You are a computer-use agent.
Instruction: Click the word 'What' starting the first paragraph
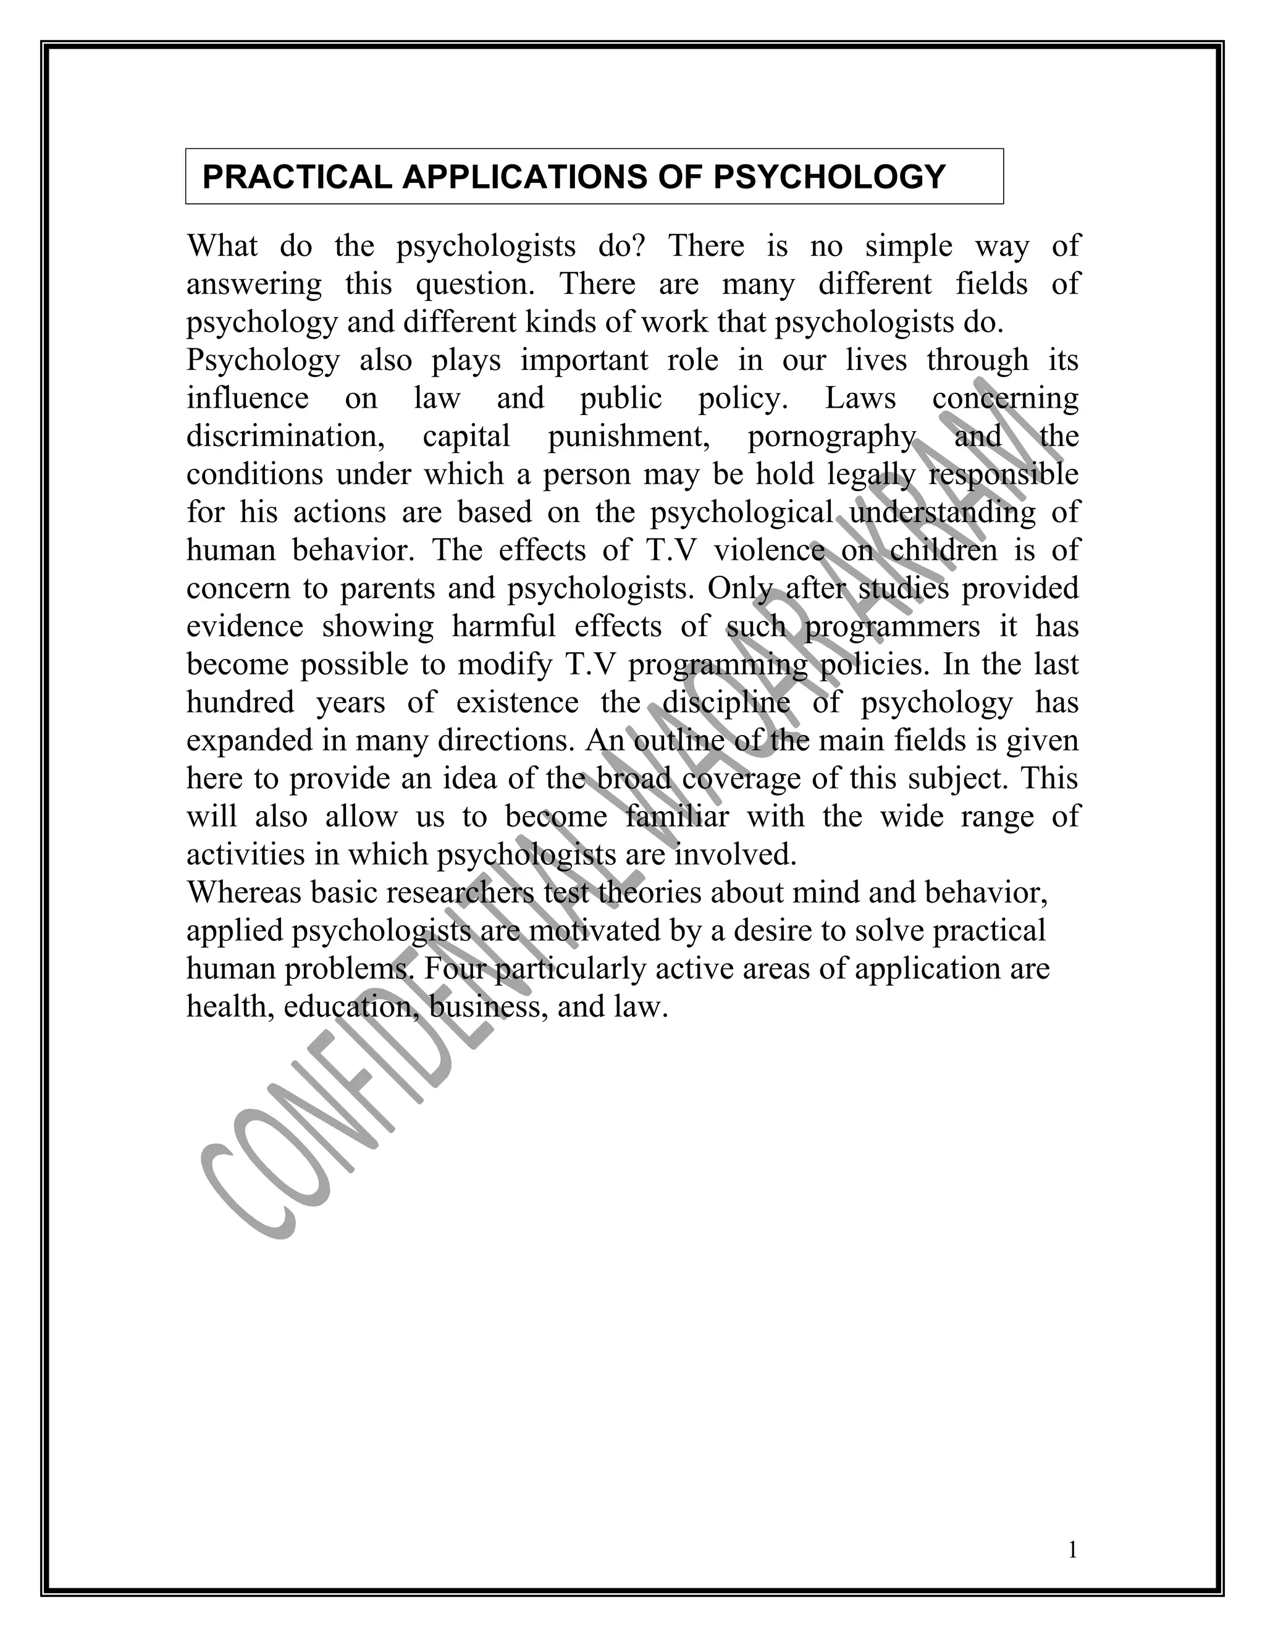[x=222, y=246]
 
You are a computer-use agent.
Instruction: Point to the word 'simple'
[x=908, y=246]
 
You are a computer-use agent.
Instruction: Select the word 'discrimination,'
[x=285, y=436]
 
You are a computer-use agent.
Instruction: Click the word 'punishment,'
[x=629, y=436]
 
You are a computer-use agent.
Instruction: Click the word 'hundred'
[x=240, y=703]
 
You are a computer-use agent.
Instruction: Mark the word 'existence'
[x=517, y=703]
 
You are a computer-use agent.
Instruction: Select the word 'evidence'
[x=245, y=626]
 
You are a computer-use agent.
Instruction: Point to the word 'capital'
[x=466, y=436]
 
